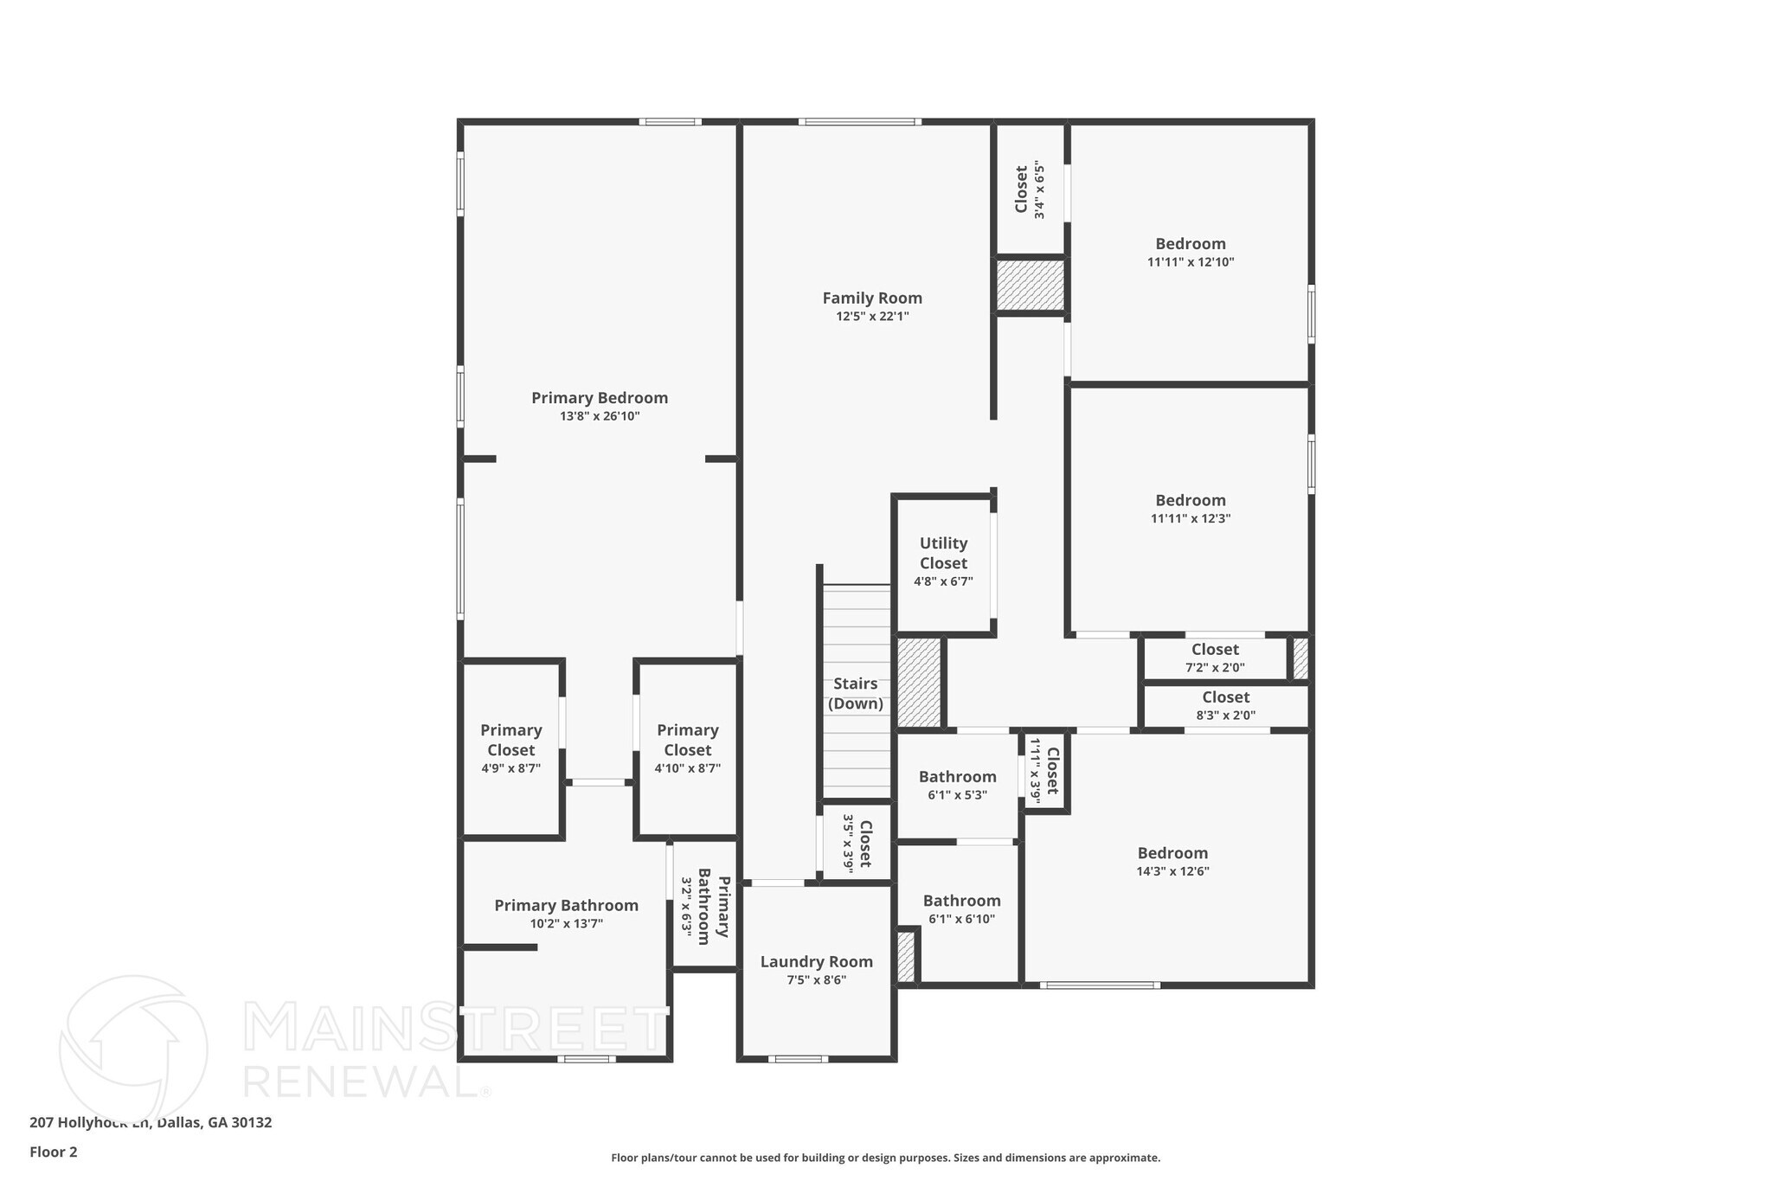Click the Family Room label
click(x=872, y=298)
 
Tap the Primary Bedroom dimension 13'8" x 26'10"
click(x=600, y=416)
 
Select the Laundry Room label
click(x=816, y=962)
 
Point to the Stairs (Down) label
click(x=855, y=694)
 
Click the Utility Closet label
click(x=943, y=554)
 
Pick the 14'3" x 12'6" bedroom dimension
click(x=1172, y=871)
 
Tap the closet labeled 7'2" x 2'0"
click(x=1215, y=658)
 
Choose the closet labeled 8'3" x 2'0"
click(x=1225, y=706)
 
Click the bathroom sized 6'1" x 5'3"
click(x=957, y=786)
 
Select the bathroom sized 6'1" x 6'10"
click(x=961, y=909)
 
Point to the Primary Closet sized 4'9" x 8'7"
click(x=510, y=748)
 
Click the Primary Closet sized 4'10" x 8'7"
click(x=687, y=748)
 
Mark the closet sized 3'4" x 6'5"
click(x=1030, y=190)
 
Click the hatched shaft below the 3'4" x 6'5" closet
click(x=1030, y=286)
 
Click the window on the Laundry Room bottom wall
click(x=798, y=1058)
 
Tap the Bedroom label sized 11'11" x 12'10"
click(x=1191, y=244)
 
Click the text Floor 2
click(x=54, y=1152)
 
